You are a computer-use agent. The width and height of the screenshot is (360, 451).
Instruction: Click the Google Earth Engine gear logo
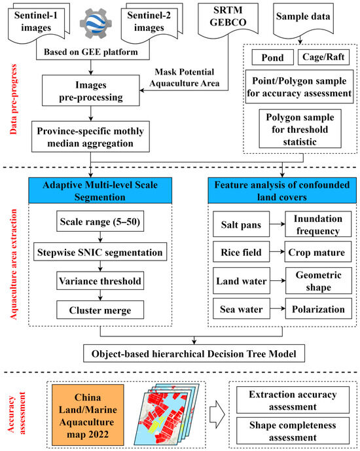coord(96,23)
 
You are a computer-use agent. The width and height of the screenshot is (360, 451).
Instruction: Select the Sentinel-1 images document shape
coord(39,22)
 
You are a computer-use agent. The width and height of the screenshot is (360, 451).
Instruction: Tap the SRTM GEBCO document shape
coord(228,20)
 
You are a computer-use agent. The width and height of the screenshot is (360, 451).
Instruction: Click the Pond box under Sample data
coord(272,57)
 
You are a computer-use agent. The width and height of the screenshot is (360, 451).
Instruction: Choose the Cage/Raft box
coord(323,57)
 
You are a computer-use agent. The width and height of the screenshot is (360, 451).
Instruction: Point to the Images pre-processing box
coord(91,90)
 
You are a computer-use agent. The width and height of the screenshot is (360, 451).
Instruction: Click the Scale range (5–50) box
coord(100,221)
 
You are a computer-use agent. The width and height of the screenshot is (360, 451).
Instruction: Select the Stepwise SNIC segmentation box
coord(100,252)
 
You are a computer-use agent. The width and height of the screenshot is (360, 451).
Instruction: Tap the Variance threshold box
coord(100,281)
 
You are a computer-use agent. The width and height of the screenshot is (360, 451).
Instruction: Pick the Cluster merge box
coord(100,310)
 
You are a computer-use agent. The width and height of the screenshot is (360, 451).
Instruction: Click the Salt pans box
coord(242,224)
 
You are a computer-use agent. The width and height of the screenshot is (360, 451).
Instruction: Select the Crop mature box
coord(318,251)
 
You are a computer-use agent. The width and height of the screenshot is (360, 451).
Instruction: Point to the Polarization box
coord(318,308)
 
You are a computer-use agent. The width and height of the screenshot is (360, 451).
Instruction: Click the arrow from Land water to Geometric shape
coord(278,280)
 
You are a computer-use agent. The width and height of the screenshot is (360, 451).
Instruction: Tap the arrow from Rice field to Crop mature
coord(277,251)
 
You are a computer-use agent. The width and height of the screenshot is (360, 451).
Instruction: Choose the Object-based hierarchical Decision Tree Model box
coord(194,353)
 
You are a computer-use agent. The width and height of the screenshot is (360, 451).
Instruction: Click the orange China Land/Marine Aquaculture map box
coord(88,415)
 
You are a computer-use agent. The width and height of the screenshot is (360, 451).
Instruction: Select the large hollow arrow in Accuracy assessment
coord(217,414)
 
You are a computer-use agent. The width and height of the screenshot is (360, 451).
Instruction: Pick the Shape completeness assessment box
coord(293,431)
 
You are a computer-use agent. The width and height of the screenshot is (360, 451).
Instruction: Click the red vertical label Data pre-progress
coord(13,99)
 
